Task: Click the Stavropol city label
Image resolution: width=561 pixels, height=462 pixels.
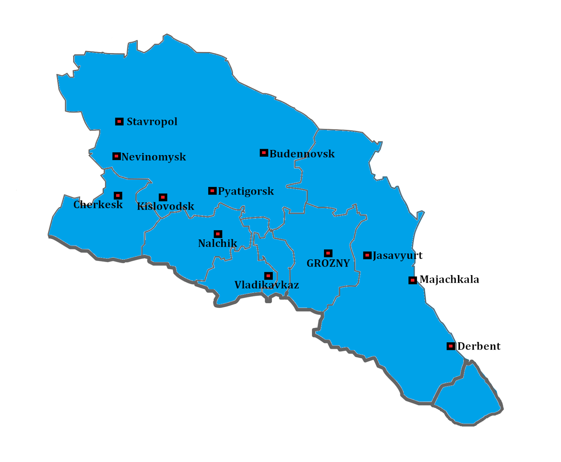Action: coord(152,122)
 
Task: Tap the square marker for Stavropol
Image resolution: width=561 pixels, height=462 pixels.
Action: coord(119,121)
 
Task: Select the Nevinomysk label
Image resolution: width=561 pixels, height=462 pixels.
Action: coord(154,157)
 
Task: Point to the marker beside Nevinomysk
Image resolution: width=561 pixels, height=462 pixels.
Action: coord(116,156)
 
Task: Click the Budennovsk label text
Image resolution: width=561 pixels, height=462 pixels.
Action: coord(302,154)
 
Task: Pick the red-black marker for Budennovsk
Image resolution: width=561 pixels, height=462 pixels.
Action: coord(264,153)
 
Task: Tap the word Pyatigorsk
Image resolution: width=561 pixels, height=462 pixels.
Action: coord(246,191)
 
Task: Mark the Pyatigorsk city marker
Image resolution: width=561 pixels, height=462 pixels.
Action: coord(212,191)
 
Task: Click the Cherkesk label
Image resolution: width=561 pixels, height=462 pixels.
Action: coord(98,205)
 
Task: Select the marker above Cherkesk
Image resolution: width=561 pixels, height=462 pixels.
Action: coord(118,195)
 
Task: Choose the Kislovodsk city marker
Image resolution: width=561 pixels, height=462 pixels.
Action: coord(163,197)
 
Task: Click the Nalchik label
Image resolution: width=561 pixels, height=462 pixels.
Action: coord(217,243)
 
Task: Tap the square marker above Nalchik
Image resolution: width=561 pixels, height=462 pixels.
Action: coord(218,234)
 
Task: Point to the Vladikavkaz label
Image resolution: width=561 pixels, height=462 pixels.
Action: coord(266,285)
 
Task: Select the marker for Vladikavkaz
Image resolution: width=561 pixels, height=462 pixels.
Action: coord(268,276)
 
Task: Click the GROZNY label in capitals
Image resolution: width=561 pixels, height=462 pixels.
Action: coord(328,263)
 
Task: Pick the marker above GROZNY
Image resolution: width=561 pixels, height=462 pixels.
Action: coord(328,253)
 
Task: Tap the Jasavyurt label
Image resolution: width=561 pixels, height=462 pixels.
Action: coord(398,255)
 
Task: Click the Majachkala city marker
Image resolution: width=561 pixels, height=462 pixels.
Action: coord(413,280)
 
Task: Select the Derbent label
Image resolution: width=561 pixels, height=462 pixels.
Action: coord(479,346)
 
